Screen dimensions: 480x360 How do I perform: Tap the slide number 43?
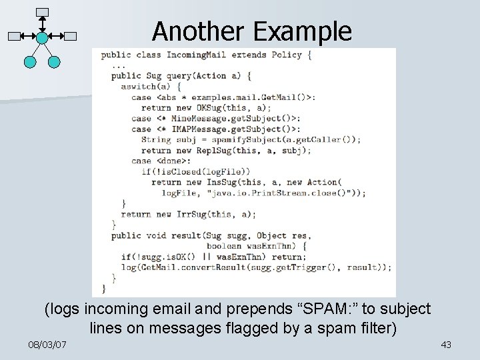(446, 345)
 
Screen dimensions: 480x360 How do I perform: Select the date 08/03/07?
(49, 345)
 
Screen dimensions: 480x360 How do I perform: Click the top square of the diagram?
(42, 12)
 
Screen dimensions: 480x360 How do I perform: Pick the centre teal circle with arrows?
(42, 37)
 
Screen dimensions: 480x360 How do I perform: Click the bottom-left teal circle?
(29, 62)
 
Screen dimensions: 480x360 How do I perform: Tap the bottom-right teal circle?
(55, 62)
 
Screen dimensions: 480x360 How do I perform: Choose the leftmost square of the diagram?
(14, 37)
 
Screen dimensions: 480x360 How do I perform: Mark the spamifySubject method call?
(241, 140)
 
